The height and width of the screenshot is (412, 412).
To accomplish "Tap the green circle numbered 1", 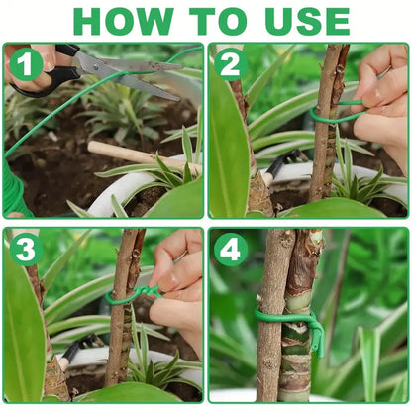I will [x=27, y=64].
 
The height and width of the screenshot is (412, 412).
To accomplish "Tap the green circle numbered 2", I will [x=231, y=64].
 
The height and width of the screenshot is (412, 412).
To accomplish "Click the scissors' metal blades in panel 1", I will [x=134, y=74].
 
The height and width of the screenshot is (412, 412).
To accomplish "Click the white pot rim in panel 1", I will [x=109, y=193].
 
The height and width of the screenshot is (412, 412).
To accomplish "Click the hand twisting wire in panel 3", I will [x=178, y=287].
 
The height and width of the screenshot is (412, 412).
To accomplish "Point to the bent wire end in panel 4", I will [x=317, y=337].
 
